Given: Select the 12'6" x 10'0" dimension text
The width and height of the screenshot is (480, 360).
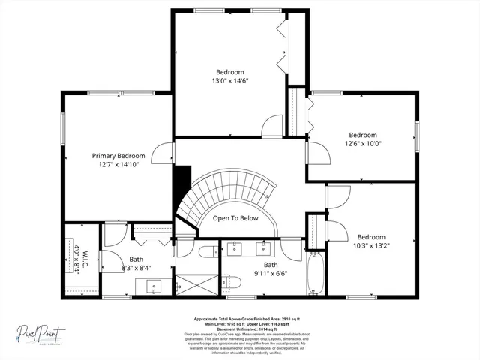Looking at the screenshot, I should (363, 145).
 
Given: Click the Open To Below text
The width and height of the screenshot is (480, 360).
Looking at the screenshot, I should (235, 218).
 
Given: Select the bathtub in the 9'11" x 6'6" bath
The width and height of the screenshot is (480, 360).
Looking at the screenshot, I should (315, 275).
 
